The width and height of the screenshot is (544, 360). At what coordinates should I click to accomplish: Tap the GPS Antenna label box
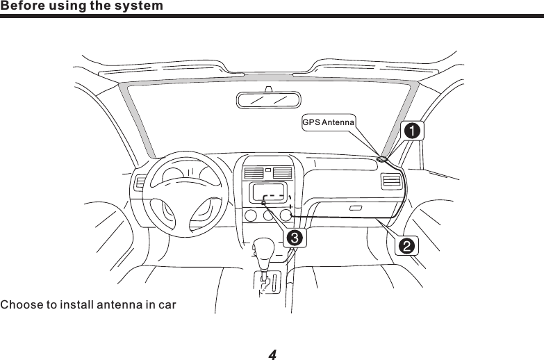click(329, 122)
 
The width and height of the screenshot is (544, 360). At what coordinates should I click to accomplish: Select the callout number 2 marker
click(406, 245)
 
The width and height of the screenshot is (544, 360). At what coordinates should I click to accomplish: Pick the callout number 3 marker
click(294, 238)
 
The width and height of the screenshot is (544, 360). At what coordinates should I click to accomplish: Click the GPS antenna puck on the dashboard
click(382, 159)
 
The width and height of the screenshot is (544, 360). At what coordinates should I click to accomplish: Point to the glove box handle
click(356, 208)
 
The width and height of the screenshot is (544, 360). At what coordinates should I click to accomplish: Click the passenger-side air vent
click(391, 183)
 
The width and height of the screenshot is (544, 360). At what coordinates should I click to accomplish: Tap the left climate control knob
click(250, 215)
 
